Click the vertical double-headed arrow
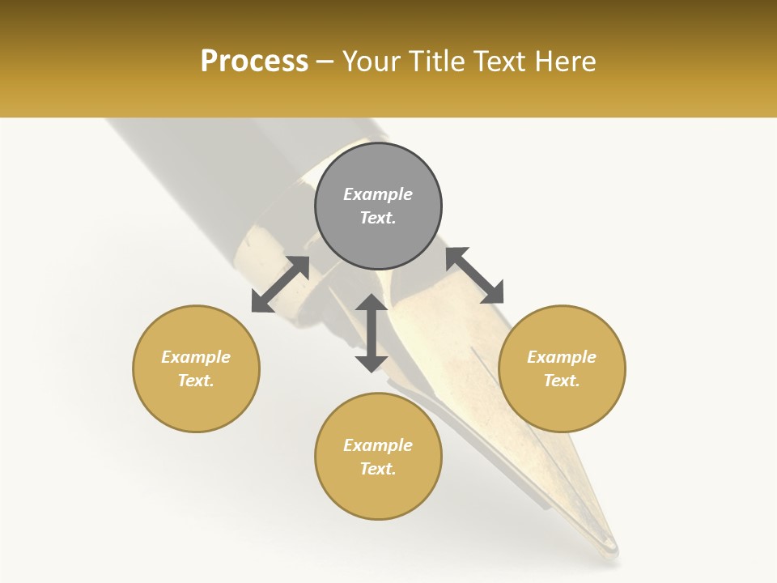pyautogui.click(x=372, y=333)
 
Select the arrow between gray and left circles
pyautogui.click(x=280, y=284)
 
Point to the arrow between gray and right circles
pyautogui.click(x=474, y=275)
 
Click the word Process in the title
pyautogui.click(x=254, y=61)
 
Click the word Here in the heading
pyautogui.click(x=566, y=61)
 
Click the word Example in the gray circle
pyautogui.click(x=378, y=194)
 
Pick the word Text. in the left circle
pyautogui.click(x=196, y=381)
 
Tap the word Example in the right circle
pyautogui.click(x=562, y=357)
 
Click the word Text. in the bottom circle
pyautogui.click(x=378, y=469)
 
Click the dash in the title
pyautogui.click(x=325, y=62)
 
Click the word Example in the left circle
pyautogui.click(x=196, y=357)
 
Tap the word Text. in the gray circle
pyautogui.click(x=378, y=218)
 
